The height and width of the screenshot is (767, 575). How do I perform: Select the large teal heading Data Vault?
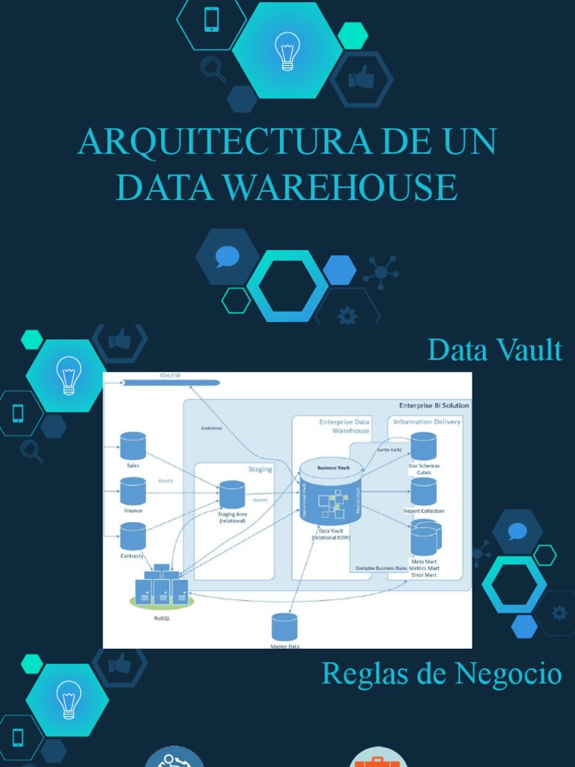tap(494, 350)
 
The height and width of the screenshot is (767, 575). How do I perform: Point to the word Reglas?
tap(360, 673)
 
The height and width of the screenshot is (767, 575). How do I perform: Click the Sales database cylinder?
tap(133, 446)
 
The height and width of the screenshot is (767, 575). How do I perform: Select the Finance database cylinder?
tap(133, 491)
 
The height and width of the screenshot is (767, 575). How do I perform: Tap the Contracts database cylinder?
tap(133, 536)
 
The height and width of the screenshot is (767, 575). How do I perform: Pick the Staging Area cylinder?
tap(232, 494)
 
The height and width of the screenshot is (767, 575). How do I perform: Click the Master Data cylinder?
tap(285, 627)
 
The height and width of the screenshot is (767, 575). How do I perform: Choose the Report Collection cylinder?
tap(424, 491)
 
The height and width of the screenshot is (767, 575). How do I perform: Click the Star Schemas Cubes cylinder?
tap(424, 446)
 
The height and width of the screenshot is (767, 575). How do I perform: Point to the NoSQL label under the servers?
tap(162, 619)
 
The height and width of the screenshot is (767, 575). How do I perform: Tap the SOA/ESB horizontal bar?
tap(170, 382)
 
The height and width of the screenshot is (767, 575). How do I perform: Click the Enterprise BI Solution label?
tap(433, 405)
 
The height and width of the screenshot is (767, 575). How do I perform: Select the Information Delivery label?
tap(427, 422)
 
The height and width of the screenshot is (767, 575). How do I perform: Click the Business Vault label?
tap(333, 467)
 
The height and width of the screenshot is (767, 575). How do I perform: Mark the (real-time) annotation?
tap(211, 428)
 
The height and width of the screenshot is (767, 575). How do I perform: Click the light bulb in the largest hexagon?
tap(287, 51)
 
